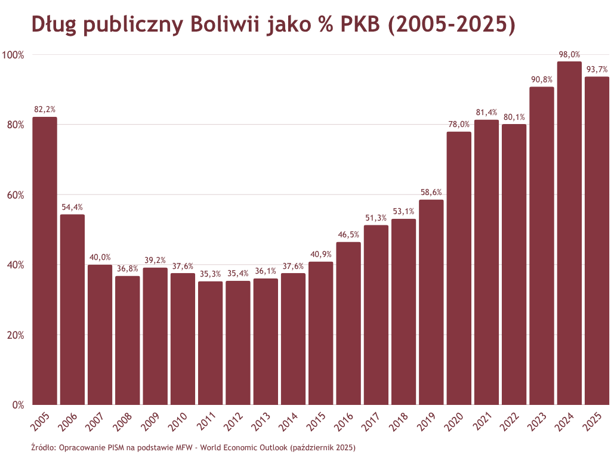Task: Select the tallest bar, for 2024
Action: pos(569,233)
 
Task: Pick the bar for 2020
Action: pos(459,268)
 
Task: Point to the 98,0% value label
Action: pos(569,54)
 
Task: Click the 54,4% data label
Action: pos(72,208)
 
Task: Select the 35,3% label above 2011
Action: pos(210,274)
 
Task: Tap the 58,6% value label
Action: pos(431,193)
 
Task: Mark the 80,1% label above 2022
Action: pos(514,117)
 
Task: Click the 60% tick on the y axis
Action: pos(15,195)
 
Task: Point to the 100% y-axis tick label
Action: pos(13,55)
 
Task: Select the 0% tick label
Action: pos(18,405)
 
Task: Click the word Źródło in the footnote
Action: pos(42,447)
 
